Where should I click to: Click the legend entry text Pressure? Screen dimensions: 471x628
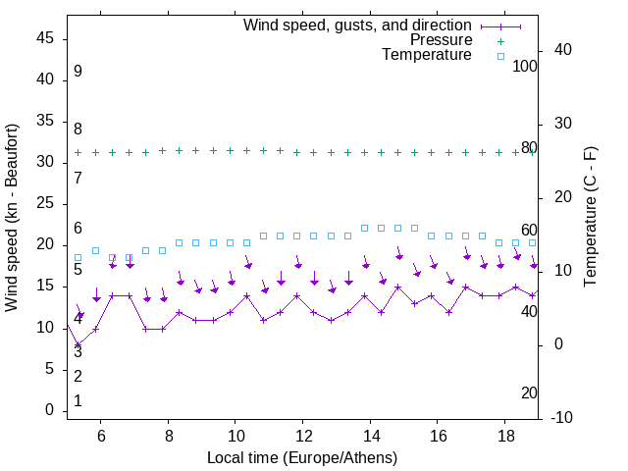coord(442,40)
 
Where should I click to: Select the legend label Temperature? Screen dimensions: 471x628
coord(427,55)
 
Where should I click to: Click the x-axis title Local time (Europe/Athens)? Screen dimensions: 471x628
coord(302,458)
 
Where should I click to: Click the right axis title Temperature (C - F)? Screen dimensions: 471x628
coord(591,218)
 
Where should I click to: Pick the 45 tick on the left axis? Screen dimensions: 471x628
coord(44,39)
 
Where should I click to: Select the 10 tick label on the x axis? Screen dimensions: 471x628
coord(235,435)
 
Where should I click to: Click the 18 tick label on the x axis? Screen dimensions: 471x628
coord(505,435)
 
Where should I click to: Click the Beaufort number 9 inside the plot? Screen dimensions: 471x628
coord(78,72)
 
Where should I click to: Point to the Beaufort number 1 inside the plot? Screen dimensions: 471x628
coord(78,401)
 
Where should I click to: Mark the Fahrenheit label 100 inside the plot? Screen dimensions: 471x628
coord(526,66)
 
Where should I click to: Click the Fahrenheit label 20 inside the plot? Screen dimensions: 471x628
coord(529,392)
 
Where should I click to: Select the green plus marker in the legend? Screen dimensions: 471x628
coord(499,41)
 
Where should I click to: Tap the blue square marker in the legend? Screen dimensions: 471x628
coord(499,56)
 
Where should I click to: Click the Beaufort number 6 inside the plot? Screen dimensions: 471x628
coord(78,229)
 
